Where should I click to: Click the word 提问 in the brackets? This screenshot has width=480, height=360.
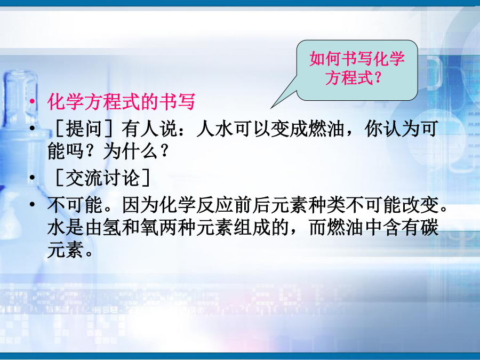pyautogui.click(x=84, y=128)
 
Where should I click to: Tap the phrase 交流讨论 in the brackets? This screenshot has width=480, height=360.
pyautogui.click(x=103, y=178)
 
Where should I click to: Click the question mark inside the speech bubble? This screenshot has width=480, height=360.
pyautogui.click(x=378, y=77)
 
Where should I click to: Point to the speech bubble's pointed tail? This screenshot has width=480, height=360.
pyautogui.click(x=271, y=108)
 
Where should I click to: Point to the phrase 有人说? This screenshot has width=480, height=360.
pyautogui.click(x=149, y=128)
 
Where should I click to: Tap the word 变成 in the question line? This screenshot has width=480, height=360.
pyautogui.click(x=289, y=128)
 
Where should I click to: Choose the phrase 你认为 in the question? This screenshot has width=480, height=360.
pyautogui.click(x=392, y=128)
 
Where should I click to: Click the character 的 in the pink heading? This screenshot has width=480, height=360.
pyautogui.click(x=149, y=102)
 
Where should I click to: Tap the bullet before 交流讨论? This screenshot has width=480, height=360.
pyautogui.click(x=32, y=178)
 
